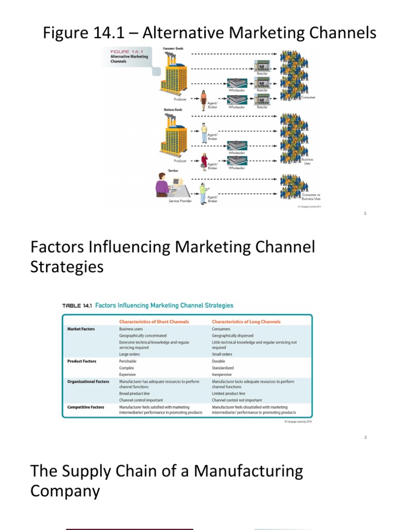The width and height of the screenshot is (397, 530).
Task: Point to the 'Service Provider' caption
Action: [181, 201]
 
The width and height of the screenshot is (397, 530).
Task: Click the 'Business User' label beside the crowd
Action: [308, 161]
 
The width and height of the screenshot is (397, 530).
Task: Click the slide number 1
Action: [365, 213]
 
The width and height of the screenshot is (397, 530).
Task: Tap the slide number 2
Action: [365, 437]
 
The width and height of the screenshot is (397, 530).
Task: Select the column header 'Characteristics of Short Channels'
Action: [154, 321]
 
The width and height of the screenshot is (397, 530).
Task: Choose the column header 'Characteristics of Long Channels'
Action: [246, 321]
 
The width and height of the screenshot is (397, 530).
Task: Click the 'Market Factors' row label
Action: [81, 329]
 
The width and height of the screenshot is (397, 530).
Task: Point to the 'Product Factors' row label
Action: [82, 361]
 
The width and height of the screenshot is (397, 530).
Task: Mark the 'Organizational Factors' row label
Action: [88, 381]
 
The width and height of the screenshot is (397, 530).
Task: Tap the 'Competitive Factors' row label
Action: [86, 407]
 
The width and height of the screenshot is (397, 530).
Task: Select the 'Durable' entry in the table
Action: [219, 361]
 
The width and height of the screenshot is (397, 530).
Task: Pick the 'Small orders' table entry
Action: [222, 354]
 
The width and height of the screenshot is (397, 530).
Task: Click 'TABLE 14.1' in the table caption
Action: [77, 306]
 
